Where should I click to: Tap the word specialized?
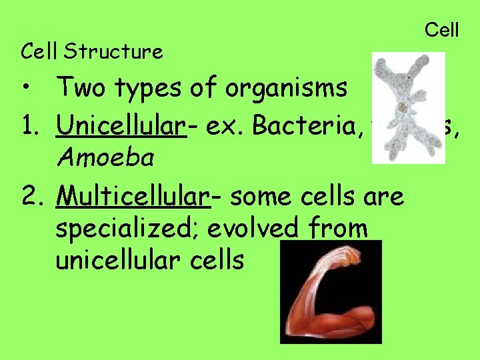pyautogui.click(x=127, y=229)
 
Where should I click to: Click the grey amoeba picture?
pyautogui.click(x=407, y=107)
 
